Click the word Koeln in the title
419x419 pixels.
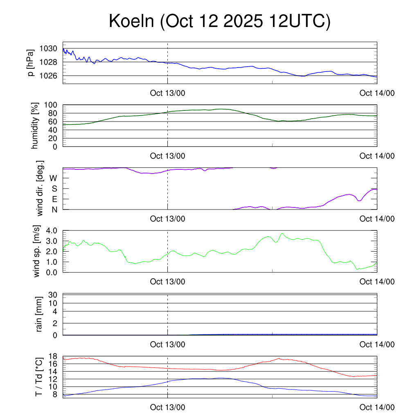point(131,21)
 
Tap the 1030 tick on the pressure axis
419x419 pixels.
point(48,49)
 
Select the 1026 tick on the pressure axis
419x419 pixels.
point(48,76)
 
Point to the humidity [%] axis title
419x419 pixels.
point(35,126)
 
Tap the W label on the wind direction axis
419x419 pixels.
point(53,178)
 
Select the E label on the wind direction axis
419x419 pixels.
point(54,199)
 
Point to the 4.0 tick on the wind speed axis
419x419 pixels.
point(51,231)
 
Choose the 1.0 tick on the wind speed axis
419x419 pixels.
point(51,262)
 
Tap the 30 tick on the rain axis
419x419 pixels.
point(53,295)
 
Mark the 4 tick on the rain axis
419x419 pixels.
point(55,311)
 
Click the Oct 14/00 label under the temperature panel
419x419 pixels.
point(377,407)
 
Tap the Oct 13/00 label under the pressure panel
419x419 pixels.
point(168,93)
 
